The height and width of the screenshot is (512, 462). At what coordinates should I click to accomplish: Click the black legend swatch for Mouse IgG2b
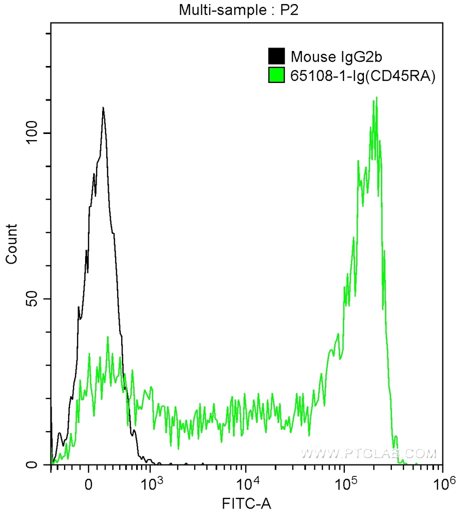click(276, 56)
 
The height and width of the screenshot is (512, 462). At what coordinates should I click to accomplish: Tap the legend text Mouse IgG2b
click(326, 56)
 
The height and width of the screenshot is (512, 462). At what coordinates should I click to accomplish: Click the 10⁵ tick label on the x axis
click(344, 483)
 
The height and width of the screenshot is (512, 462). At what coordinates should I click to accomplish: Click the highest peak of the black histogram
click(103, 107)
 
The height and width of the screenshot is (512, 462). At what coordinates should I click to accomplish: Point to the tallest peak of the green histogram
click(376, 97)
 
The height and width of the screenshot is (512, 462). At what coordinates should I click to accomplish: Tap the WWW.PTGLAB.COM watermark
click(369, 453)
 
